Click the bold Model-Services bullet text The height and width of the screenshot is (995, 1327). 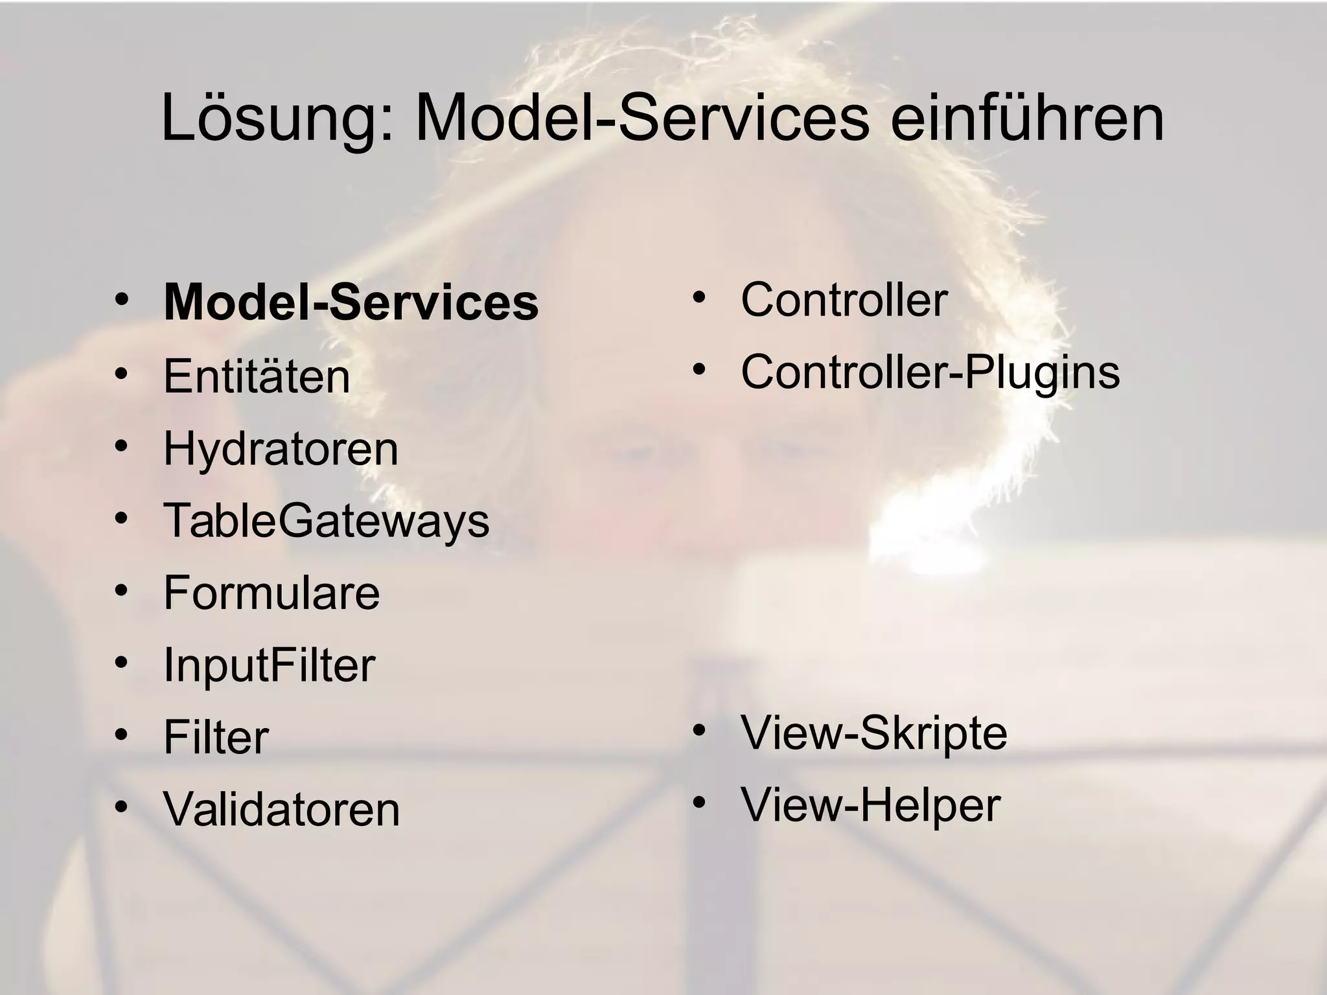(351, 303)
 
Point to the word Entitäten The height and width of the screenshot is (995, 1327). (257, 376)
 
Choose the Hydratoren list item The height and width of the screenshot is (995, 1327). (281, 448)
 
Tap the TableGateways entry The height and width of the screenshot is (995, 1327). (326, 520)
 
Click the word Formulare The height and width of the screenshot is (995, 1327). (271, 592)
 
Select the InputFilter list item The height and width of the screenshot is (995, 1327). (269, 665)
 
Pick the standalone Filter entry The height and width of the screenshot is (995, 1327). (216, 737)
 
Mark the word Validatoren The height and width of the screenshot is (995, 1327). (282, 809)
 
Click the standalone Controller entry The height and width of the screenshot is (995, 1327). (844, 299)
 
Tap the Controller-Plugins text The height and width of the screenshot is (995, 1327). (930, 372)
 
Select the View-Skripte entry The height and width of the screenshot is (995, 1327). (873, 733)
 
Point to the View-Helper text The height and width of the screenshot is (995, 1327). (870, 805)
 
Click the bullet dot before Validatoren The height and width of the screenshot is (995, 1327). (121, 807)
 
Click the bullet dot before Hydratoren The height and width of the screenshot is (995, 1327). (121, 446)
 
